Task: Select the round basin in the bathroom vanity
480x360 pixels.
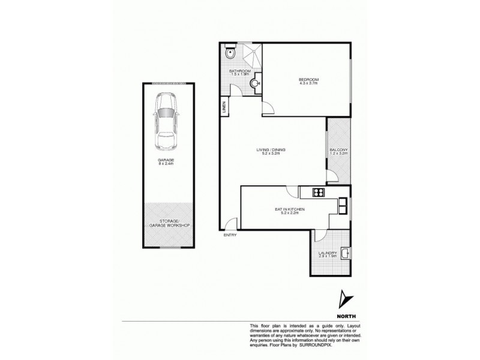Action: point(256,84)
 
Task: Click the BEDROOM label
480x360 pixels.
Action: point(309,80)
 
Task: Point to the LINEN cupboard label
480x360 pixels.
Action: point(224,109)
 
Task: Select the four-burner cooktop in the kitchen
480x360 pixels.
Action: point(317,193)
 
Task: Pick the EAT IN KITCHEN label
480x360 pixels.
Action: point(291,209)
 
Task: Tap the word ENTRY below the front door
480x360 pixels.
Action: point(230,235)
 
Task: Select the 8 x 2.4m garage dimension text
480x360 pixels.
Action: point(164,164)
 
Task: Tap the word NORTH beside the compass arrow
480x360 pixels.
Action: point(344,315)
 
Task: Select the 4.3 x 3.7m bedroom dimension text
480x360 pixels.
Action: point(309,85)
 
